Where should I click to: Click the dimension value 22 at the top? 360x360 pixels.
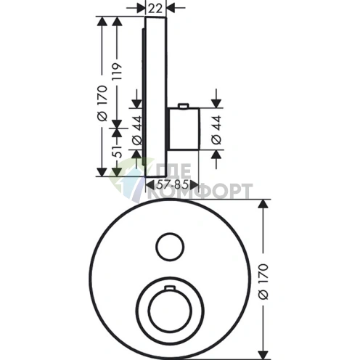coord(155,8)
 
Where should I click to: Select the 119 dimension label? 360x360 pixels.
coord(118,72)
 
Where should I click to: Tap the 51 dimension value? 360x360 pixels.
coord(118,152)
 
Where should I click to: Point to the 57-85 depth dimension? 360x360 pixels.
coord(172,185)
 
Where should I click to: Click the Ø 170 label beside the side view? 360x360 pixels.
coord(102,103)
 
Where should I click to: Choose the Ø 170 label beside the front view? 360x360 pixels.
coord(263,282)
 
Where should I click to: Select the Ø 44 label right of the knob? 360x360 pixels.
coord(216,130)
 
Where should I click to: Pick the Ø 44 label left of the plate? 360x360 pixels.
coord(137,130)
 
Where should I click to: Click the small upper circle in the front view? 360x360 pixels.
coord(170,247)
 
